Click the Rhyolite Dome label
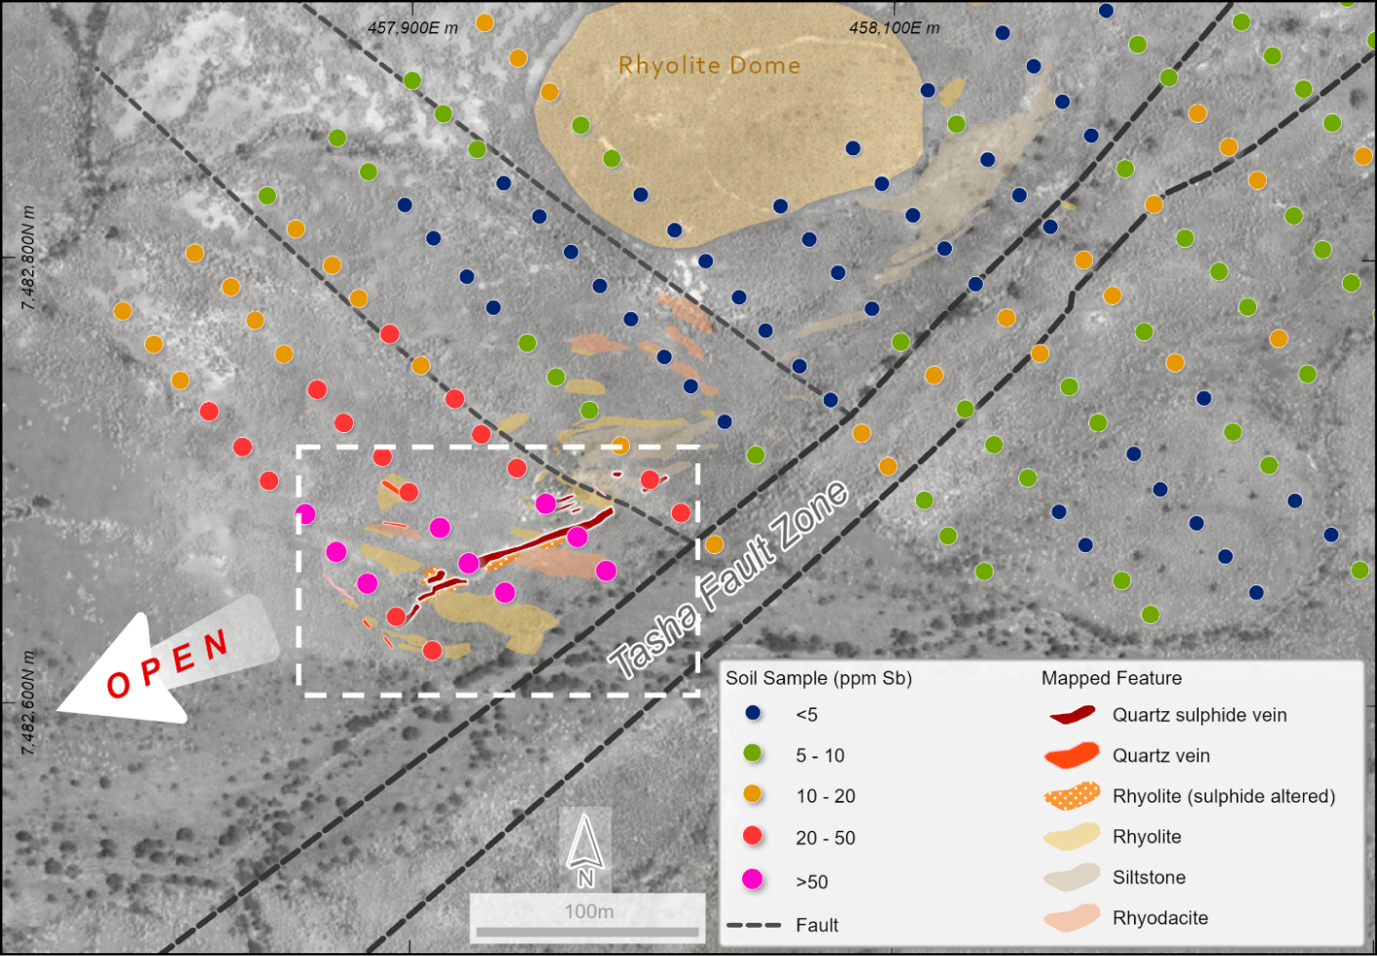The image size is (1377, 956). (x=709, y=65)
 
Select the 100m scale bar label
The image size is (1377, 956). (x=589, y=911)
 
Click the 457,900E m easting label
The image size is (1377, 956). (x=412, y=27)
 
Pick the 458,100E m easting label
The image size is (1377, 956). (x=894, y=27)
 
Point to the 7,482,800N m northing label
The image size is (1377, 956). (x=28, y=259)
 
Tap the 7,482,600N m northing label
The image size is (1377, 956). (x=28, y=702)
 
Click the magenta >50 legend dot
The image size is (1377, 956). (x=752, y=879)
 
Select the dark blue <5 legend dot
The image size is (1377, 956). (x=752, y=713)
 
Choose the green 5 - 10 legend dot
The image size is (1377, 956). (x=752, y=753)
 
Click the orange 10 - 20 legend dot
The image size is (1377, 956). (x=752, y=794)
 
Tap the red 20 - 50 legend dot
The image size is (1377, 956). (x=752, y=835)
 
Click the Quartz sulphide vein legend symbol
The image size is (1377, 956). (x=1073, y=715)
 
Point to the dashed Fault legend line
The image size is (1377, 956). (x=754, y=925)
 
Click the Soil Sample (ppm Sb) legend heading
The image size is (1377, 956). (x=818, y=678)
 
